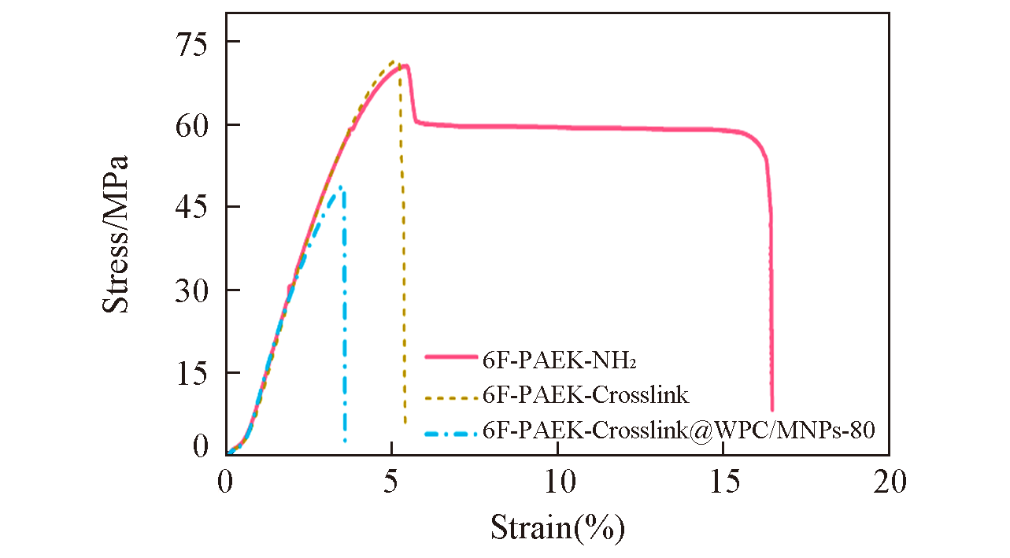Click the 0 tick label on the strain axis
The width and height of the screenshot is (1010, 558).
pyautogui.click(x=226, y=479)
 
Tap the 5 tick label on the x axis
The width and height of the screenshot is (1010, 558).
pyautogui.click(x=391, y=479)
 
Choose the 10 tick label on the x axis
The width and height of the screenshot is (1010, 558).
pyautogui.click(x=557, y=479)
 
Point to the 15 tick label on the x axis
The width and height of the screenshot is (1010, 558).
pyautogui.click(x=723, y=479)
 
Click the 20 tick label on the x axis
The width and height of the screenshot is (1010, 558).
pyautogui.click(x=889, y=479)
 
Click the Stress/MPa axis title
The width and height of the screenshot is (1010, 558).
pyautogui.click(x=116, y=234)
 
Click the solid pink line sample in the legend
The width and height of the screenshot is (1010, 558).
pyautogui.click(x=451, y=357)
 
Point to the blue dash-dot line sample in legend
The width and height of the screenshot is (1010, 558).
pyautogui.click(x=451, y=432)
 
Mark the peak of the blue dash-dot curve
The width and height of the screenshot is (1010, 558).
pyautogui.click(x=340, y=187)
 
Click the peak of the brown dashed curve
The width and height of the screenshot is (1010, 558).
pyautogui.click(x=393, y=61)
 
